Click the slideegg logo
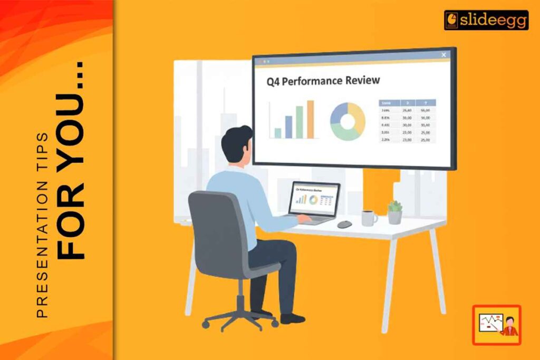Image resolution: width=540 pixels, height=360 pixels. coord(486,20)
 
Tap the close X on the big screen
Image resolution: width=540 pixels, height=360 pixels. coord(443,55)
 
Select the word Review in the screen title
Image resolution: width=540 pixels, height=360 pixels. coord(362,81)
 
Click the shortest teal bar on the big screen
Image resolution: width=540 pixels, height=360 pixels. coord(277,132)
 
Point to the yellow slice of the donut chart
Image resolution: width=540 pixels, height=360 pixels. coord(359,116)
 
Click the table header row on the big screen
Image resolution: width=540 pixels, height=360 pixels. coord(407,103)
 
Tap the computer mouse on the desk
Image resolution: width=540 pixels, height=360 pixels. coord(344,224)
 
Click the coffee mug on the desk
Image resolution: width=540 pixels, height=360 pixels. coord(369,217)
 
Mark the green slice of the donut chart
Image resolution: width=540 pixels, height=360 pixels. coord(345,135)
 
